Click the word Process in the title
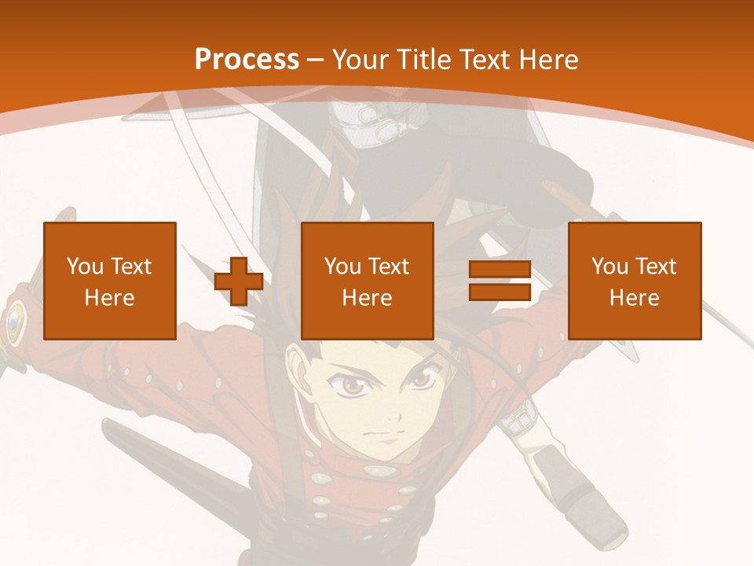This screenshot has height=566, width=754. [x=247, y=60]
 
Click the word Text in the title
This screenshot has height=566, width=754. [x=482, y=60]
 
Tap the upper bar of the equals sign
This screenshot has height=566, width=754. [x=500, y=270]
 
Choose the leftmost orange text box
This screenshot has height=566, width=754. [x=110, y=281]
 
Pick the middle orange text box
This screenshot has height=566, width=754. [x=368, y=281]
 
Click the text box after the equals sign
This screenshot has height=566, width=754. [x=635, y=281]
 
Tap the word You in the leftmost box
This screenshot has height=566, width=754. [x=84, y=266]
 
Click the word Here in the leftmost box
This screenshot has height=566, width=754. [x=110, y=298]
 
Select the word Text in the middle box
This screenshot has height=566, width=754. [x=389, y=266]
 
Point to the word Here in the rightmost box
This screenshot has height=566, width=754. [x=635, y=298]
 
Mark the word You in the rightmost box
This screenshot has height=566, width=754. [x=609, y=266]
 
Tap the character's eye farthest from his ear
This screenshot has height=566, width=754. [x=421, y=379]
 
